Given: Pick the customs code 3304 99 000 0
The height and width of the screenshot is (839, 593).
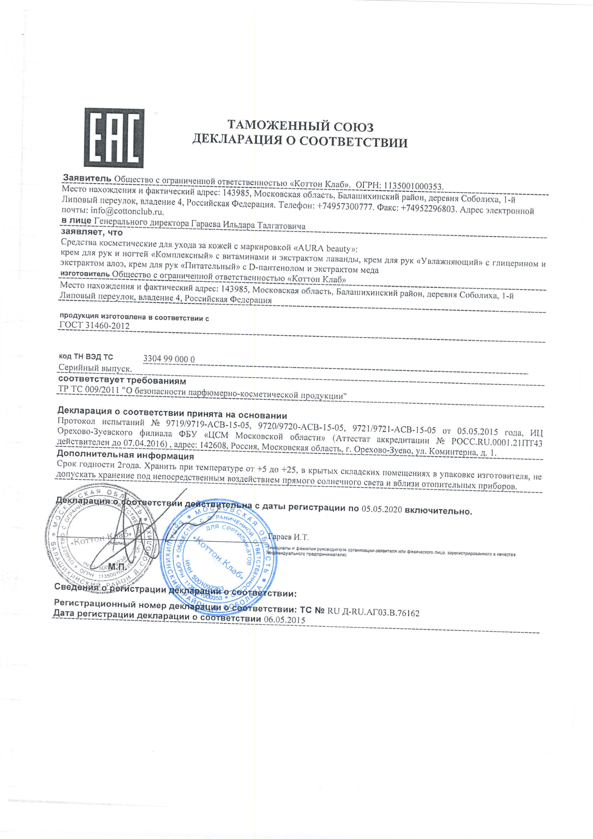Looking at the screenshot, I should pos(169,359).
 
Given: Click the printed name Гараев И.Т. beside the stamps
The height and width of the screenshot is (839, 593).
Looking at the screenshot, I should pos(288,537).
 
